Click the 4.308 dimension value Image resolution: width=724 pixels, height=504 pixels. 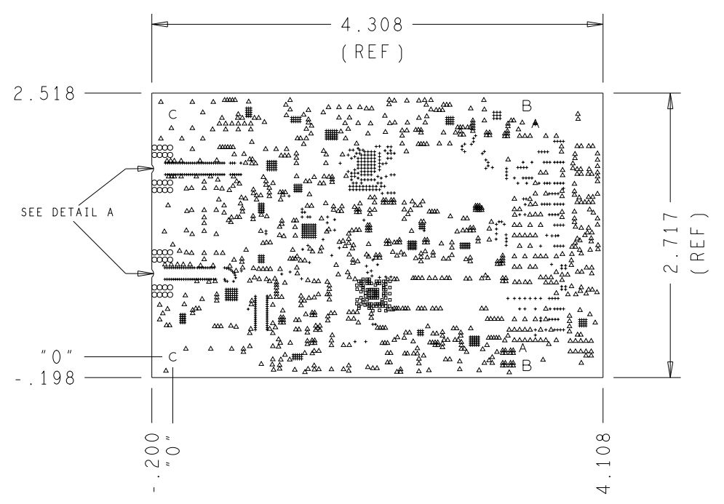(372, 25)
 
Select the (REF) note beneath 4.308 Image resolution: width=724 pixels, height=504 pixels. (372, 52)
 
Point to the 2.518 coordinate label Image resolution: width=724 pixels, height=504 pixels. (44, 94)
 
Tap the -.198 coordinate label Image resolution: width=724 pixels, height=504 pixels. (45, 378)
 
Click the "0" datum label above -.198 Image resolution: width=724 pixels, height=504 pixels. (56, 357)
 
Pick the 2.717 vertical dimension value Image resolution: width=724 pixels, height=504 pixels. (671, 242)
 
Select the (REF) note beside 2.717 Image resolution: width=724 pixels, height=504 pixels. (699, 243)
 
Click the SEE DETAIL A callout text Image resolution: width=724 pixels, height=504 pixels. (67, 212)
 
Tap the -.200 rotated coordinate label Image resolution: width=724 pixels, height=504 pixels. (152, 462)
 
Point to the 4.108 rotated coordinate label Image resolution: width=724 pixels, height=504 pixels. (603, 462)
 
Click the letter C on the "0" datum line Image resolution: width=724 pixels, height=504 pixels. (172, 357)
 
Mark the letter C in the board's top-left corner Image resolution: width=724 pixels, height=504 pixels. (172, 114)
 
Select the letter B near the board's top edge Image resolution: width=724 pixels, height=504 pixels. (526, 105)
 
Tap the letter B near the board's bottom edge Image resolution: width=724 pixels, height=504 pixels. (526, 366)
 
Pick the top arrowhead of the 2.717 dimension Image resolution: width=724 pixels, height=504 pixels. (670, 101)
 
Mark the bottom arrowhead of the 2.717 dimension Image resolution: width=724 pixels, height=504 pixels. (670, 369)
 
